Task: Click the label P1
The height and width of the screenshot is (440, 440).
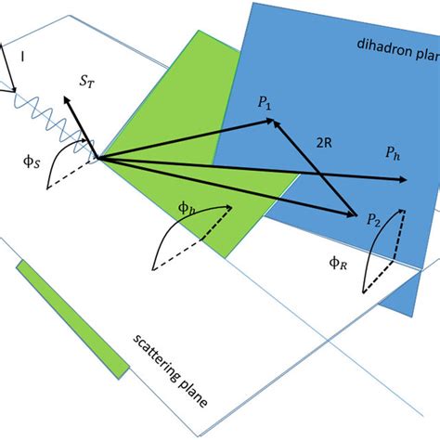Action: (265, 104)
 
